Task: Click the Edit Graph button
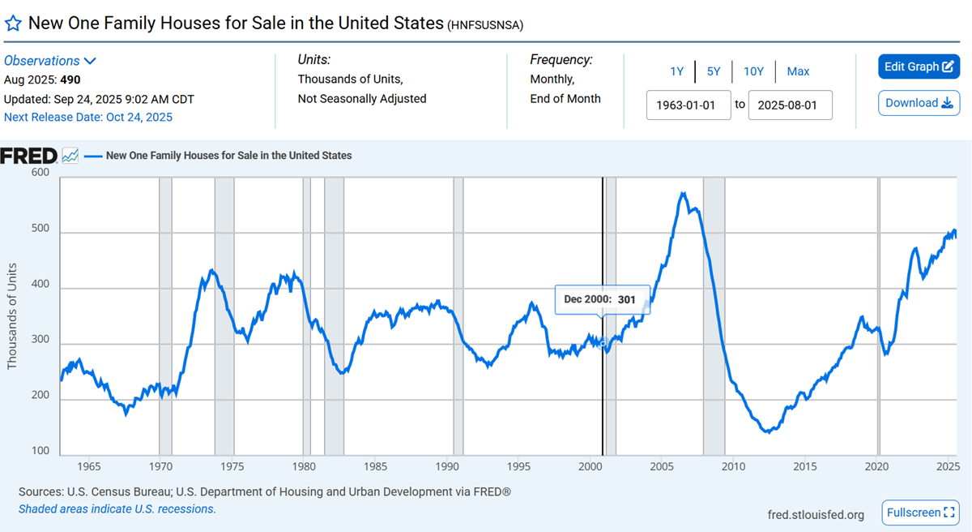click(x=919, y=66)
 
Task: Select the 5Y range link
click(x=714, y=71)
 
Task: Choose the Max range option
click(x=798, y=71)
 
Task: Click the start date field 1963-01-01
click(x=688, y=105)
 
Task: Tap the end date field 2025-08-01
click(x=790, y=105)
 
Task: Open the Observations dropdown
click(x=50, y=61)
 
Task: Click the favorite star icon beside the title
click(x=13, y=23)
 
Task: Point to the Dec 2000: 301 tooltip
click(x=599, y=299)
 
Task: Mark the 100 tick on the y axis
click(x=40, y=450)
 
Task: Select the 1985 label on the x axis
click(x=375, y=467)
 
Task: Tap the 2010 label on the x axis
click(x=733, y=467)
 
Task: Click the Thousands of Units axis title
click(x=12, y=316)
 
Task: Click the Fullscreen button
click(x=919, y=513)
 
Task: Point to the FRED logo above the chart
click(x=29, y=156)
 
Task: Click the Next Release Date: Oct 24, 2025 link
click(x=88, y=117)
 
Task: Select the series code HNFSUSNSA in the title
click(x=485, y=25)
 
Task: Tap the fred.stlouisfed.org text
click(x=816, y=514)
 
